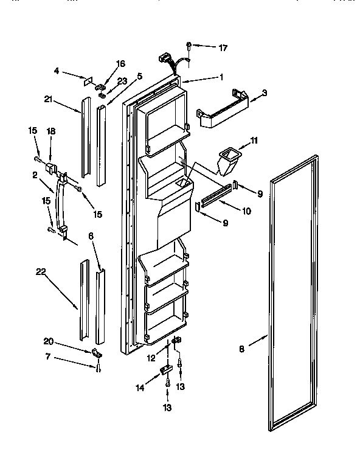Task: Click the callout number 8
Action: click(241, 349)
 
